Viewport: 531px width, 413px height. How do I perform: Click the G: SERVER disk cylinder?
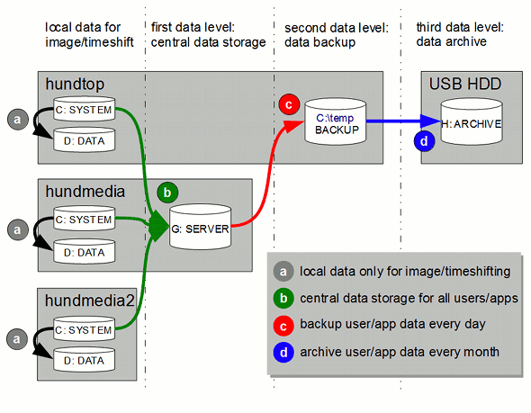tap(200, 227)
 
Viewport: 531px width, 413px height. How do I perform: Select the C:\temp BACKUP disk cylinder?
tap(336, 121)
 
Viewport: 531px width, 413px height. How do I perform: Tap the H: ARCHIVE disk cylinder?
tap(472, 121)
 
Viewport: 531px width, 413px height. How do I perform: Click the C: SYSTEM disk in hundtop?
tap(84, 109)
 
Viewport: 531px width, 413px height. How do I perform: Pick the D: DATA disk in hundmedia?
tap(84, 251)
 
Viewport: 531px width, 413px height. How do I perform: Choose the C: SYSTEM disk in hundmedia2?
tap(84, 328)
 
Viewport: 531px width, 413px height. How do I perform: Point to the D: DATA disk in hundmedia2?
tap(84, 359)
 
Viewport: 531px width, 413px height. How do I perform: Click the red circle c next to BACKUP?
tap(289, 104)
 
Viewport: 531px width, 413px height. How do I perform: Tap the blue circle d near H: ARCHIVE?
tap(424, 141)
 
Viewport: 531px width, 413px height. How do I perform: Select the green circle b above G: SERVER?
tap(167, 193)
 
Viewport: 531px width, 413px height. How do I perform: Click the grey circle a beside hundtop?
tap(18, 119)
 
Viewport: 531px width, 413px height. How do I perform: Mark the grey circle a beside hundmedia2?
tap(17, 339)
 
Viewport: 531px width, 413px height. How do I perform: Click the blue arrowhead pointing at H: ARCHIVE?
tap(430, 121)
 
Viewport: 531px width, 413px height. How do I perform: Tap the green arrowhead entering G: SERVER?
tap(158, 226)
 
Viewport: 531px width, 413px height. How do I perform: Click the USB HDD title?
tap(465, 84)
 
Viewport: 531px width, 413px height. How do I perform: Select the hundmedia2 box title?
tap(90, 301)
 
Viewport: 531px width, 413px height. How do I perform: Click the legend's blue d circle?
tap(283, 353)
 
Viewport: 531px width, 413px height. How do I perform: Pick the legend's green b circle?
tap(283, 298)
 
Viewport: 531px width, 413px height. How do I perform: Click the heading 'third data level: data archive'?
tap(460, 34)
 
